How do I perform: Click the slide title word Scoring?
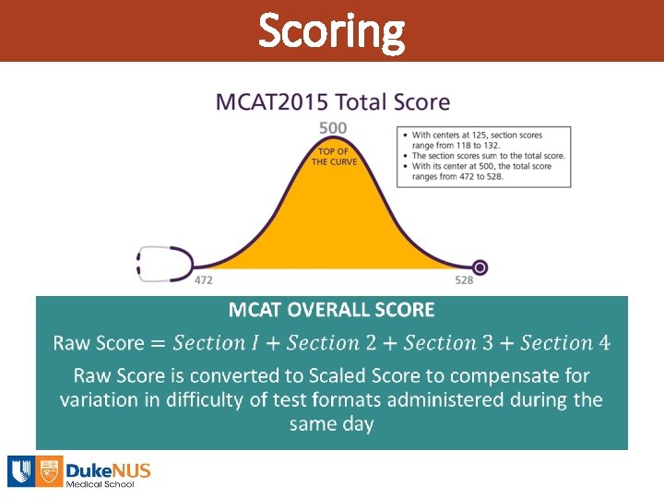(331, 30)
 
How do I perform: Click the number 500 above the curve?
(333, 127)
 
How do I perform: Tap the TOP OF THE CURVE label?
(332, 157)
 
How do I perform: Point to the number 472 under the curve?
(204, 279)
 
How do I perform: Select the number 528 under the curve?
(464, 279)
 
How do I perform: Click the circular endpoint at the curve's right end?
(480, 267)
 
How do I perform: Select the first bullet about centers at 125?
(482, 140)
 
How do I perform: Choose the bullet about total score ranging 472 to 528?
(482, 171)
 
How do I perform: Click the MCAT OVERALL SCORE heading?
(331, 310)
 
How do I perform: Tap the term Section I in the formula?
(216, 343)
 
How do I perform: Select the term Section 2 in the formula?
(332, 343)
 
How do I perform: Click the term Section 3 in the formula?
(448, 343)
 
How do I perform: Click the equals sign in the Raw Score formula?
(158, 344)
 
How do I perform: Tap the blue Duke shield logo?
(22, 471)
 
